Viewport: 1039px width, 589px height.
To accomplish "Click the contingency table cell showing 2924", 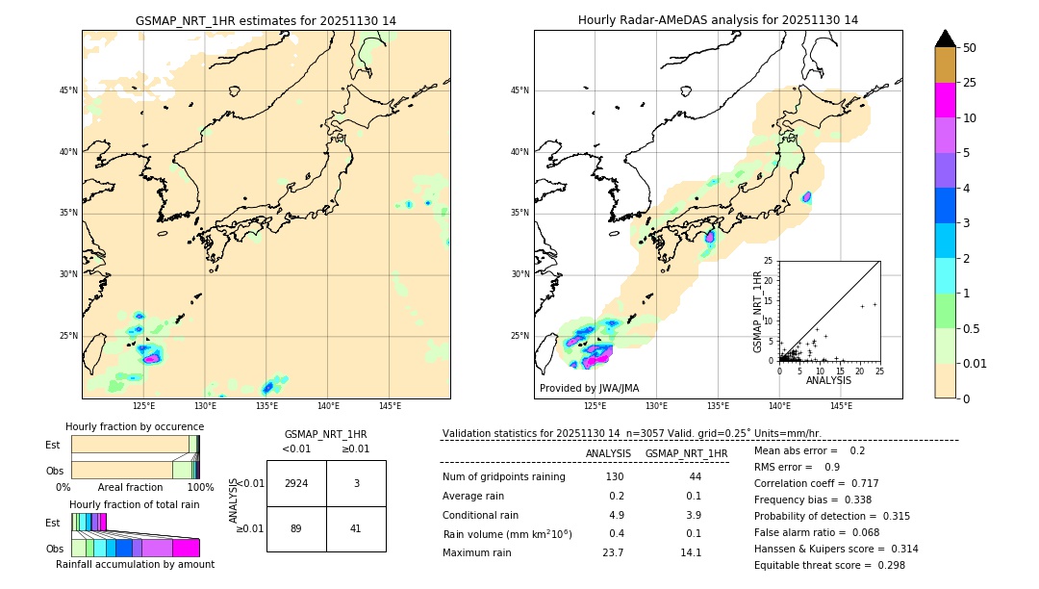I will click(296, 483).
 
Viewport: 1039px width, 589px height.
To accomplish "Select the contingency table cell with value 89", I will click(296, 528).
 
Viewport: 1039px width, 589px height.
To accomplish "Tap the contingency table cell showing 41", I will click(356, 528).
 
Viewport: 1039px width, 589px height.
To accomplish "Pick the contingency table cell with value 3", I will click(356, 483).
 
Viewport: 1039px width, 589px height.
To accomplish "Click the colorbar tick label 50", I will click(970, 47).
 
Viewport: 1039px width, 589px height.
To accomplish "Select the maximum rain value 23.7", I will click(613, 552).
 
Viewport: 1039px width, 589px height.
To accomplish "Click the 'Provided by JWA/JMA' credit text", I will click(589, 389).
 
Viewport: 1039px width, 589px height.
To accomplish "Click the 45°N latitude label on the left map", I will click(68, 90).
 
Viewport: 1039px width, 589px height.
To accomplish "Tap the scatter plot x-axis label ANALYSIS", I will click(828, 380).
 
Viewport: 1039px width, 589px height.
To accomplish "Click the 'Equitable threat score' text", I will click(814, 565).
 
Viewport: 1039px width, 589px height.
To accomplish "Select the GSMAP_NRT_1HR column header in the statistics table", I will click(686, 453).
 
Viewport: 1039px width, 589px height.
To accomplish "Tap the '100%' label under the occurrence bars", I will click(200, 488).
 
